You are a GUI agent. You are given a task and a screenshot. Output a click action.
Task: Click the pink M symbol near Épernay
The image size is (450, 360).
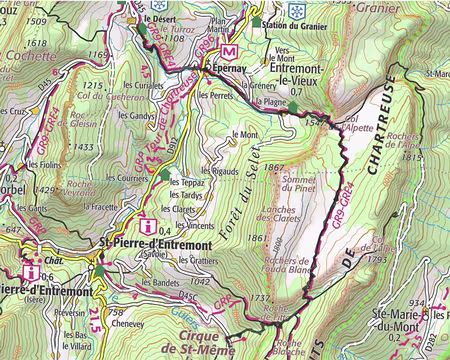click(228, 52)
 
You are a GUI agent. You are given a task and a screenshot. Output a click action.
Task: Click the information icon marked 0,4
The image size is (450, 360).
click(148, 224)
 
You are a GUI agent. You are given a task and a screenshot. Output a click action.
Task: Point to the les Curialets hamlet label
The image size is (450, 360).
click(145, 87)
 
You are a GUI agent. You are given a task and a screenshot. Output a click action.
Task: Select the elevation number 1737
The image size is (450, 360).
click(259, 298)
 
